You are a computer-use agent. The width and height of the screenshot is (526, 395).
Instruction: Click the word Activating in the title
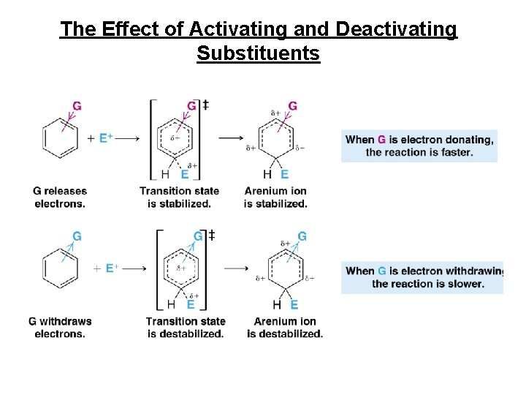232,29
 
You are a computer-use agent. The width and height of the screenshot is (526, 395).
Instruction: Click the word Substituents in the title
258,53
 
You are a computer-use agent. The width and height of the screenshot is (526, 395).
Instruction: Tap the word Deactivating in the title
396,29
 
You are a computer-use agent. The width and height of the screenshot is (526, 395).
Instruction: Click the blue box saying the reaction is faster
419,146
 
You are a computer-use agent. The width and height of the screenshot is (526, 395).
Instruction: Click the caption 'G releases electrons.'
60,197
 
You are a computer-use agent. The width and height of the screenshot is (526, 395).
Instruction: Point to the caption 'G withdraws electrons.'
60,328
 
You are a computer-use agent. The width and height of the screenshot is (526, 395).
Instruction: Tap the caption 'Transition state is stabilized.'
179,197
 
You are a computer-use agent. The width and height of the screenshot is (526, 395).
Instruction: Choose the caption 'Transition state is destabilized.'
185,328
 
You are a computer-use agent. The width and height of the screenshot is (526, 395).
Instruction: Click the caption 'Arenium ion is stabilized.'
275,197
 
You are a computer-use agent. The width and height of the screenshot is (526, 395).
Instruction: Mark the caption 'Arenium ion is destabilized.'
285,328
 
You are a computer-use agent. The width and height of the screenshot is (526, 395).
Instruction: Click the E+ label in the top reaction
106,138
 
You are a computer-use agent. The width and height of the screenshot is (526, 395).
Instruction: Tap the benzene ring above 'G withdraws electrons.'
60,268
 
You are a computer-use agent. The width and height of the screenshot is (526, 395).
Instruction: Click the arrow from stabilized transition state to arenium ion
232,138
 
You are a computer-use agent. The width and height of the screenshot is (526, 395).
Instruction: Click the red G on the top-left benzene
77,106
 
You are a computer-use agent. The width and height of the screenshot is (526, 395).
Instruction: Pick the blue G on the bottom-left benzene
77,236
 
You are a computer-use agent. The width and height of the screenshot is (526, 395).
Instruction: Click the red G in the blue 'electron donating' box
381,140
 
